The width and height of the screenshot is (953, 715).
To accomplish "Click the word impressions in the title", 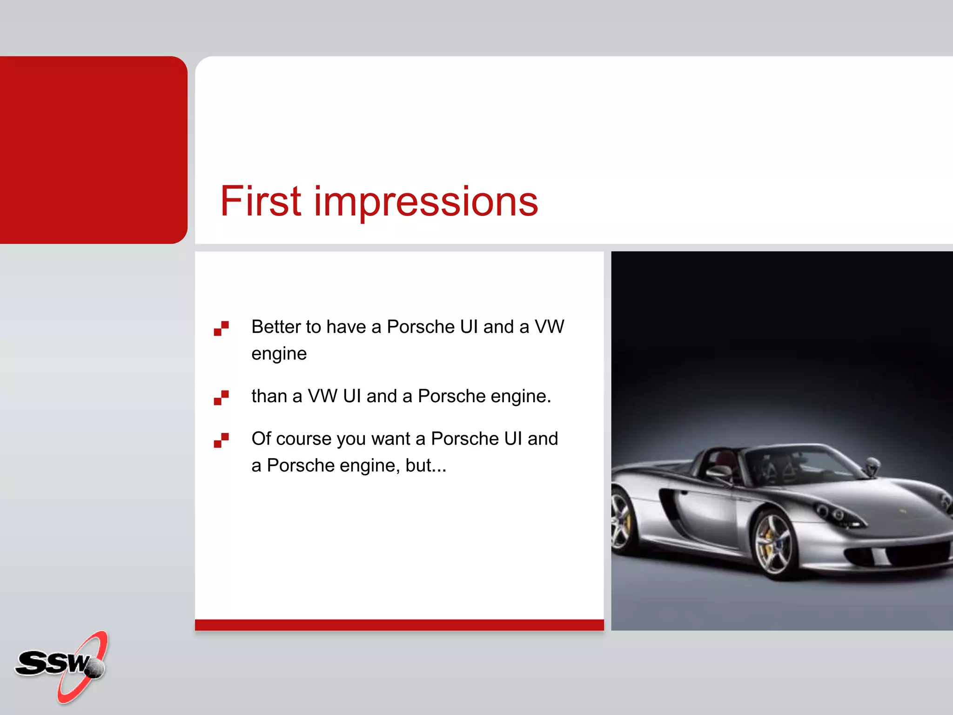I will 426,202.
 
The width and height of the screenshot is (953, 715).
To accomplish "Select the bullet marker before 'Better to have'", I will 221,328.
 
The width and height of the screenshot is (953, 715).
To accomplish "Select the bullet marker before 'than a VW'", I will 221,398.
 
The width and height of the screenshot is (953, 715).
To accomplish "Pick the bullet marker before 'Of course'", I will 221,440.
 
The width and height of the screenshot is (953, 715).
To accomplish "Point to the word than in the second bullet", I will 269,396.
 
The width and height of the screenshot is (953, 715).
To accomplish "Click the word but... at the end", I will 426,465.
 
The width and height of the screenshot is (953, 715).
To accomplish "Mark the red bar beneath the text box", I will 399,625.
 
